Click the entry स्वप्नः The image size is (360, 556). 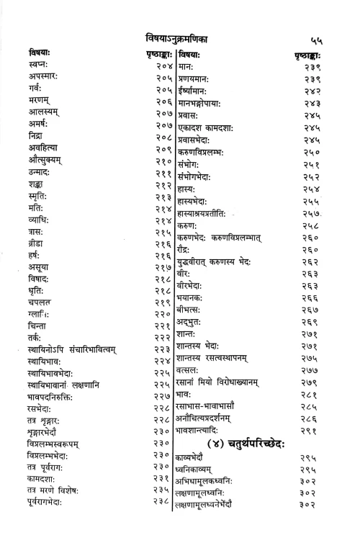click(x=39, y=66)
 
